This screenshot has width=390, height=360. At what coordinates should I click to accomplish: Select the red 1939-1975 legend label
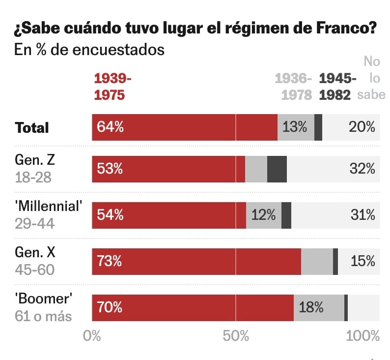[112, 87]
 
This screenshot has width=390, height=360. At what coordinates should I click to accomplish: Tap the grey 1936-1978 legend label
[293, 87]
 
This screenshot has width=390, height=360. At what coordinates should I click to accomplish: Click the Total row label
[32, 128]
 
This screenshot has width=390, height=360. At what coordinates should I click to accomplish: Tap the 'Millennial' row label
[48, 207]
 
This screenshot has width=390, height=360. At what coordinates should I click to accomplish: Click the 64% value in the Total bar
[110, 127]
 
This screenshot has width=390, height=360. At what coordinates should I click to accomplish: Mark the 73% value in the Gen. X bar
[110, 261]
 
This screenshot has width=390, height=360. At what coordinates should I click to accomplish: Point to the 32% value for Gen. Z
[362, 169]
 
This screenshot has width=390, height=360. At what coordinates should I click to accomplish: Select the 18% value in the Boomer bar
[311, 308]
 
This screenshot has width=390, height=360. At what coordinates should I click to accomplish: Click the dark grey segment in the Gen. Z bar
[277, 169]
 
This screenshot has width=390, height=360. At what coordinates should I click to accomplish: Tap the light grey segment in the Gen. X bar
[317, 261]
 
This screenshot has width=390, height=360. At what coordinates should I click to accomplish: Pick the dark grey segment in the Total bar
[318, 127]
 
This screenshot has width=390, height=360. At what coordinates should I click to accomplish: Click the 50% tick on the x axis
[236, 336]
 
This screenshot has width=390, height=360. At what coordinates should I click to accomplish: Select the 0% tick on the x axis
[92, 336]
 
